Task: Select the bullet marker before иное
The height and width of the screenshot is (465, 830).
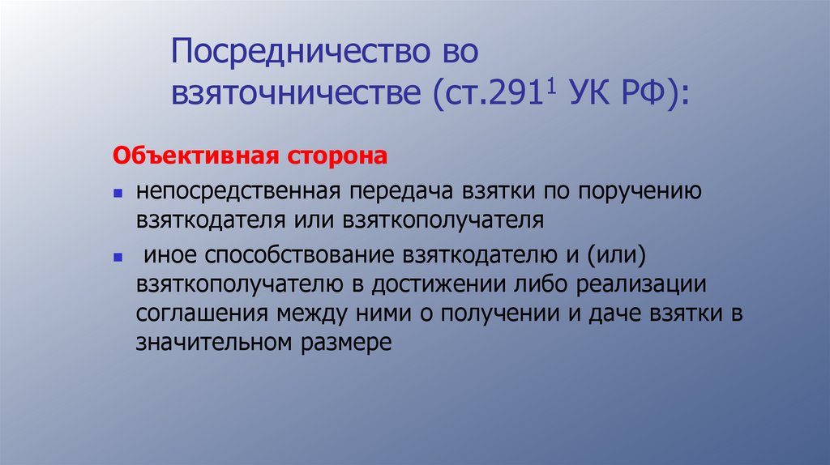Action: (118, 257)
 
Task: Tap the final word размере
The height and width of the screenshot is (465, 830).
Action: (345, 343)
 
